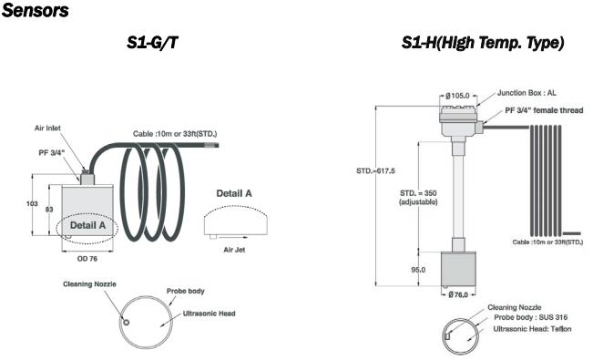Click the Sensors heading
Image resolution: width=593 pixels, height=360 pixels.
tap(36, 10)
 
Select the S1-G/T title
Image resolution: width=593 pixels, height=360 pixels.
tap(152, 43)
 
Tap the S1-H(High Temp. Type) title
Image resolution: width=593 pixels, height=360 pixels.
tap(483, 43)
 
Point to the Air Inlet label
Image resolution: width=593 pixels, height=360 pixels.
tap(47, 128)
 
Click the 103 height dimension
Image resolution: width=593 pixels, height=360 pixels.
tap(32, 203)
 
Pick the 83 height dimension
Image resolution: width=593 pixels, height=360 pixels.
tap(49, 210)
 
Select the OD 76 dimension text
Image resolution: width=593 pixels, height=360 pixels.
tap(87, 259)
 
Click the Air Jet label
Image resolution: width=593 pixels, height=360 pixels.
tap(234, 250)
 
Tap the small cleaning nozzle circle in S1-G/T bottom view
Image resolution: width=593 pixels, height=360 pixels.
tap(127, 322)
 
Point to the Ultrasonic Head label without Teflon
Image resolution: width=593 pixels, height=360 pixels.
tap(210, 314)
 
